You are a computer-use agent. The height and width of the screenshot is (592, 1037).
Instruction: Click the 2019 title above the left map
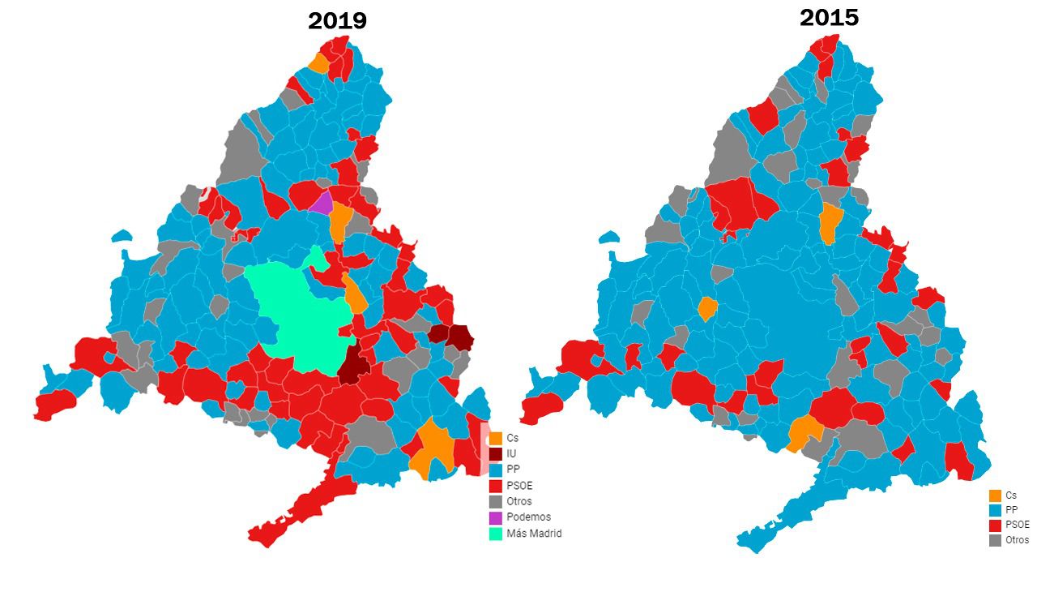[x=337, y=21]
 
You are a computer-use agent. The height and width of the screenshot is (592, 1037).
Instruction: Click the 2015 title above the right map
[x=829, y=18]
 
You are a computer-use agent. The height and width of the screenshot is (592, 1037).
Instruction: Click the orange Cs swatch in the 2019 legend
[x=496, y=439]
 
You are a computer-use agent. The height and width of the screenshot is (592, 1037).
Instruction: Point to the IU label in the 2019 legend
[x=511, y=454]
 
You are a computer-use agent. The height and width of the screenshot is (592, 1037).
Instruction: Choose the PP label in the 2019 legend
[x=513, y=470]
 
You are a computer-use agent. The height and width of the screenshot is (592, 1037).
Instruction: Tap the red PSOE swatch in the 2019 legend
[x=496, y=486]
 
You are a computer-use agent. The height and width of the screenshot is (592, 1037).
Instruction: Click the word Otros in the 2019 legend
[x=519, y=501]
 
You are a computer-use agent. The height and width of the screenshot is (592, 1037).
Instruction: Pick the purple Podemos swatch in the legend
[x=496, y=517]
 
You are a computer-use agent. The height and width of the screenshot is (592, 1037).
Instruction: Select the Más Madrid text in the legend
[x=534, y=533]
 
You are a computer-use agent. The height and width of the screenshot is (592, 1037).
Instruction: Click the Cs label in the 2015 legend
[x=1010, y=495]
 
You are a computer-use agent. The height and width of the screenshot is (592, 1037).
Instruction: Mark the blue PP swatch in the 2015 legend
[x=995, y=510]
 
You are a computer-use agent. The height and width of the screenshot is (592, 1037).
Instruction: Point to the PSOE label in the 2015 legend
[x=1017, y=525]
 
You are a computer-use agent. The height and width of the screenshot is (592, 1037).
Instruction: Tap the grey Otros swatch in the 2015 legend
[x=995, y=540]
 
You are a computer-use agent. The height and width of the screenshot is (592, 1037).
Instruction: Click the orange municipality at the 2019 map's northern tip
[x=319, y=63]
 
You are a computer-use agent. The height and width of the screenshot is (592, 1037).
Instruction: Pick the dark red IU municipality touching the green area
[x=354, y=364]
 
